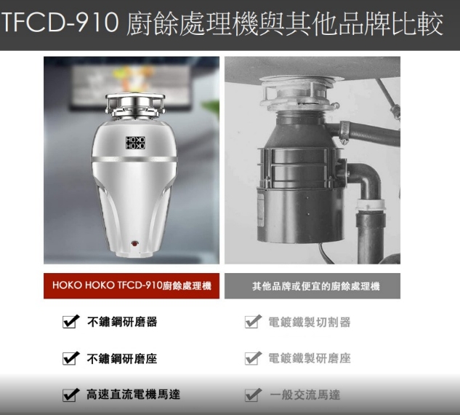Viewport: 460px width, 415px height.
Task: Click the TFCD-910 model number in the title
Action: coord(60,23)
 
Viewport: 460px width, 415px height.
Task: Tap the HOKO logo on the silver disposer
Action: coord(135,143)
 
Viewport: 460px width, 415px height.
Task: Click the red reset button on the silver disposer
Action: coord(134,244)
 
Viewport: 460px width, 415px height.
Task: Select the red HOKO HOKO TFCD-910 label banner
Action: coord(132,286)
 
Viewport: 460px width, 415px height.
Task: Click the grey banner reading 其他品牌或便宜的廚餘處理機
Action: coord(312,286)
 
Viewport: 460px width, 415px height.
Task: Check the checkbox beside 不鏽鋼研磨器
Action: coord(70,321)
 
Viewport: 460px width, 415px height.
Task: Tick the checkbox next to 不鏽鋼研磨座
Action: coord(70,358)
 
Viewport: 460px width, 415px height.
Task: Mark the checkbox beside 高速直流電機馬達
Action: coord(70,395)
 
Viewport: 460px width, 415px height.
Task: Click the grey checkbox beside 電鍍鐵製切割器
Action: coord(253,321)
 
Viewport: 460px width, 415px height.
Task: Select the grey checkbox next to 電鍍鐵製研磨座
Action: coord(253,358)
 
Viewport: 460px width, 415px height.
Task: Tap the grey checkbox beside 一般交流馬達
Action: coord(253,395)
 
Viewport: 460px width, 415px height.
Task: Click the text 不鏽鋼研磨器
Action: coord(122,322)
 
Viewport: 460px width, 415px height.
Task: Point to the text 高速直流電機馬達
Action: coord(133,395)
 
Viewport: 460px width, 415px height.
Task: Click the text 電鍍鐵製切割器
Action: coord(310,322)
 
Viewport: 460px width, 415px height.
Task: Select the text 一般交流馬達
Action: coord(304,395)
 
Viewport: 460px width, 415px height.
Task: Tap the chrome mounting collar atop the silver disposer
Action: coord(135,105)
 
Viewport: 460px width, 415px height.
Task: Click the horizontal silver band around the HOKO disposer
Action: coord(134,159)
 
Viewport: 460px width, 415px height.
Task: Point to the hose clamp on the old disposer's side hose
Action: coord(344,132)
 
